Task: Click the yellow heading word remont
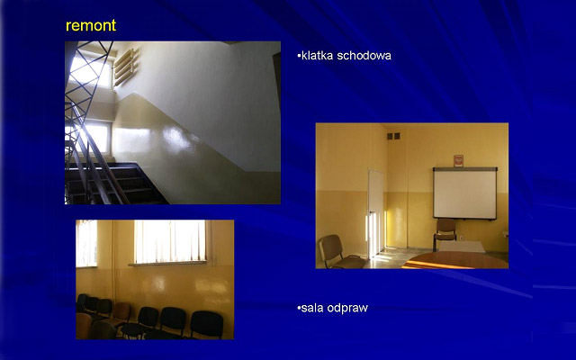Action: pos(91,25)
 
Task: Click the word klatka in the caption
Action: pos(317,56)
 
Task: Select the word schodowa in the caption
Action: pos(364,56)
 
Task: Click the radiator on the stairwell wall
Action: pos(126,67)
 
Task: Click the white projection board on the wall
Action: pos(465,193)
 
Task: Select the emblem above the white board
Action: pos(458,161)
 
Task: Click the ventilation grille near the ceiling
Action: pos(393,136)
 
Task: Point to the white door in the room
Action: pos(376,214)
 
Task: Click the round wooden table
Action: pos(455,260)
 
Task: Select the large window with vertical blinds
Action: pos(170,241)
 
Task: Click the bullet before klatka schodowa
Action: pos(299,56)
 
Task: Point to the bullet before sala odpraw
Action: pos(299,308)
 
